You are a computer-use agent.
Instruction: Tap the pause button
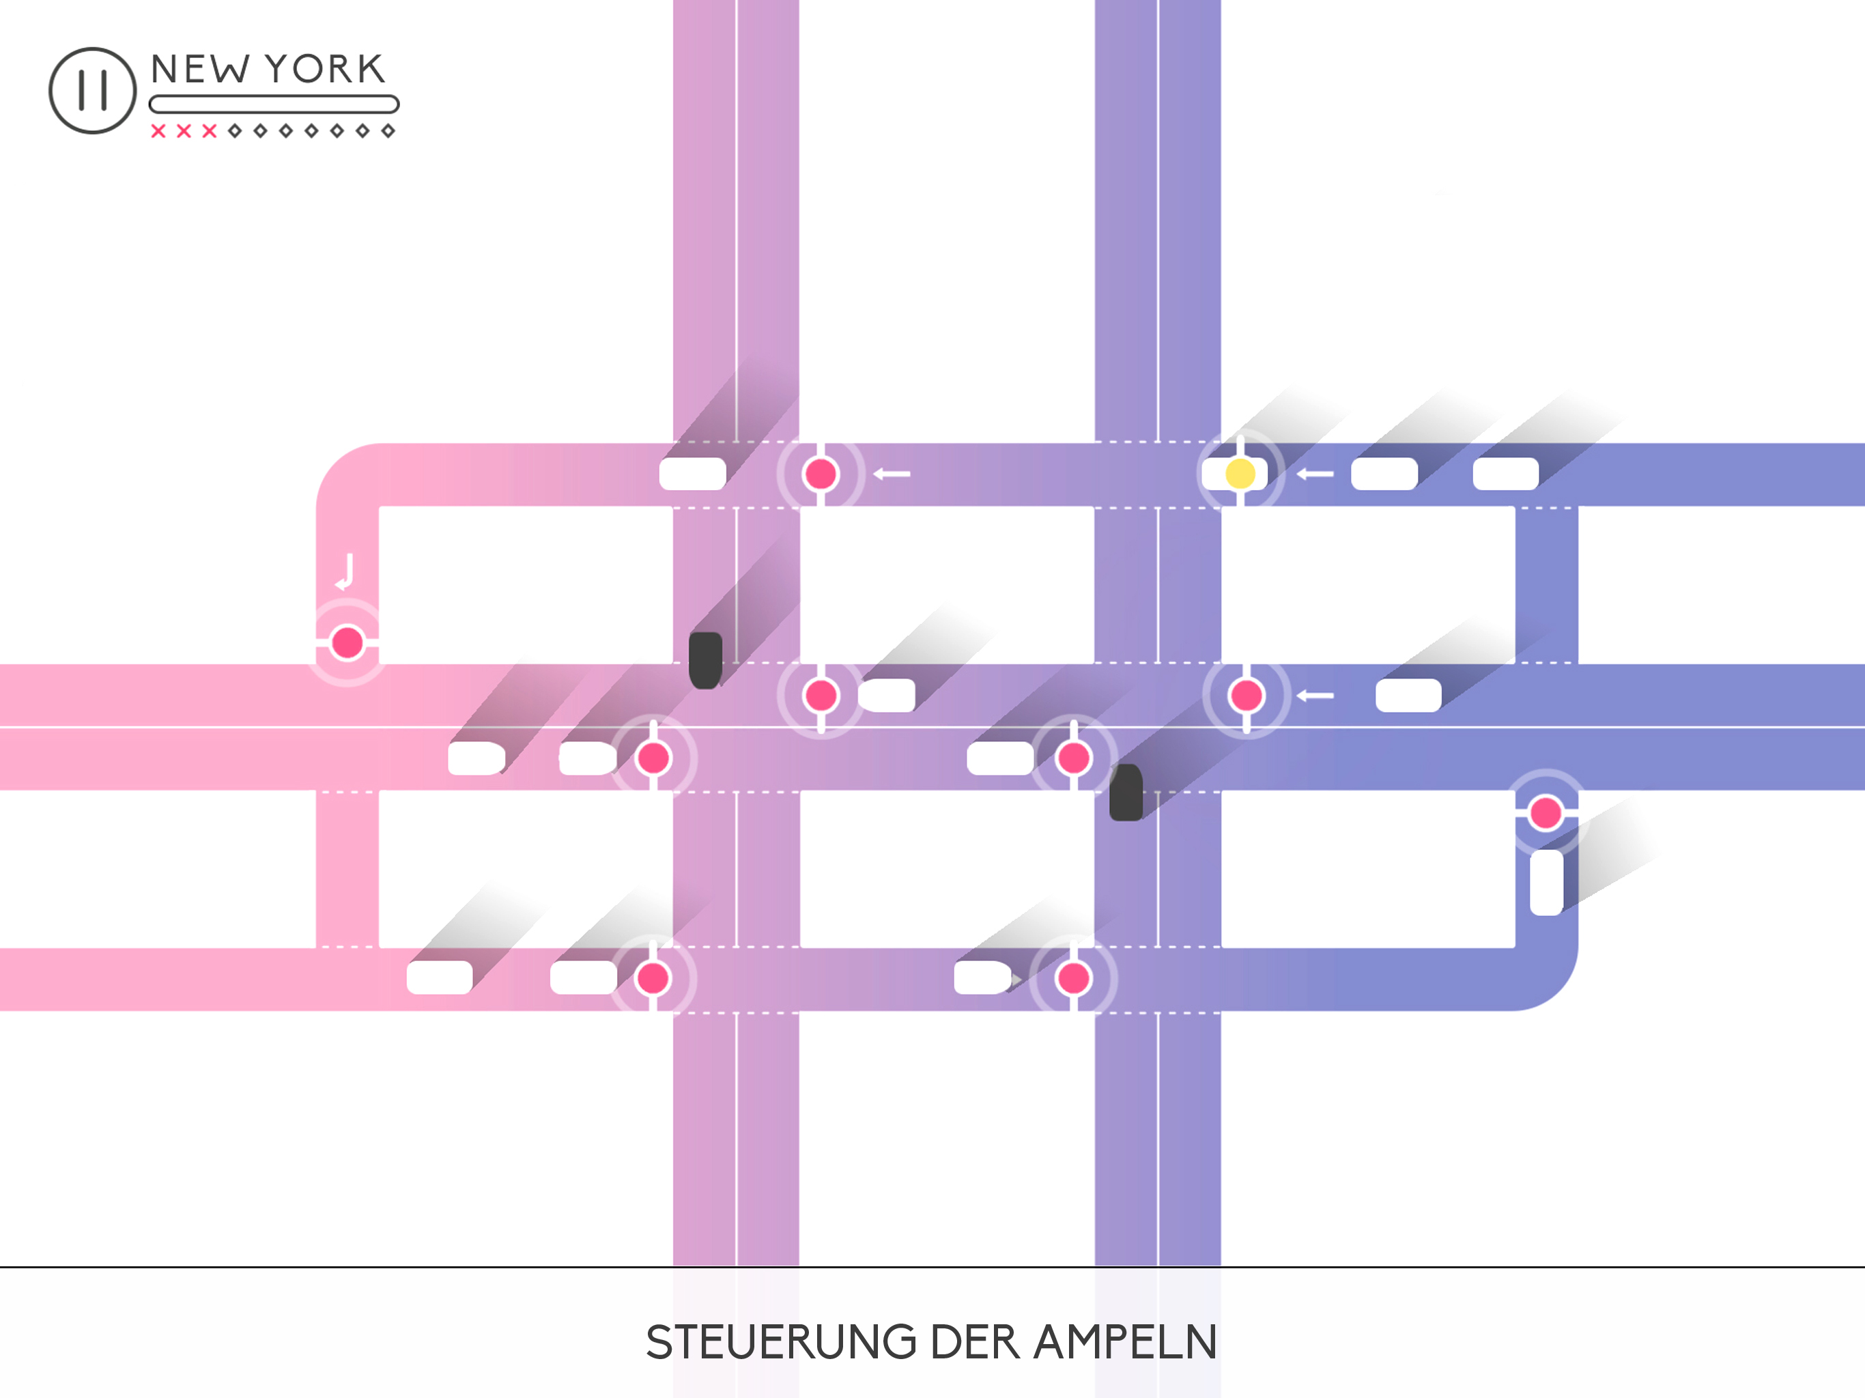click(x=93, y=90)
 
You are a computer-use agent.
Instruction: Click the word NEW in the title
click(x=201, y=69)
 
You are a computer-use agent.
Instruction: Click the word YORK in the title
click(x=326, y=69)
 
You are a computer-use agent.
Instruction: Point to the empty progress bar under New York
click(x=273, y=104)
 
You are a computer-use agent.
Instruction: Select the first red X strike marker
click(x=158, y=130)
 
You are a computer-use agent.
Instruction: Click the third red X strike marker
click(x=209, y=130)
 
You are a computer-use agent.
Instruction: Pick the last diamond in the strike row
click(x=388, y=130)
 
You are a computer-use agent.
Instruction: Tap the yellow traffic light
click(x=1240, y=474)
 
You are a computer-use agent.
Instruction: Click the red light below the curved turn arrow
click(x=347, y=642)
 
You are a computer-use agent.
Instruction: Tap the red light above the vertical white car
click(x=1546, y=813)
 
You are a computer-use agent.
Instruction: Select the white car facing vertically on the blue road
click(x=1546, y=882)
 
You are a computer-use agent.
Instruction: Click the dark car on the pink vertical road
click(x=706, y=659)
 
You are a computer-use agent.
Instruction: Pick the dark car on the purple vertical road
click(x=1126, y=793)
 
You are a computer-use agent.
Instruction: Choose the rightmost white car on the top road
click(x=1505, y=474)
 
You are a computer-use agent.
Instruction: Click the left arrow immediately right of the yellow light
click(x=1314, y=474)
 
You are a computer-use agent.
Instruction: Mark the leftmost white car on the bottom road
click(x=439, y=978)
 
